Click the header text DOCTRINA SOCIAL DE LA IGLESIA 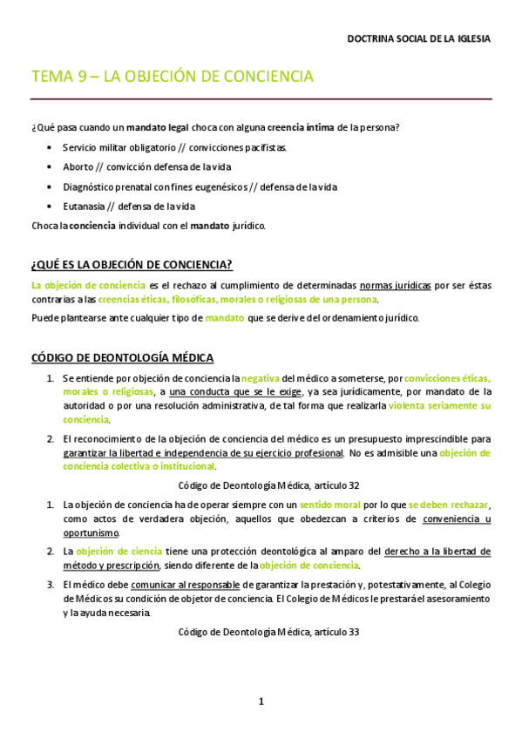(418, 39)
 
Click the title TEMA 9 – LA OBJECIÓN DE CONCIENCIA (172, 77)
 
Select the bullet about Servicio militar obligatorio (174, 147)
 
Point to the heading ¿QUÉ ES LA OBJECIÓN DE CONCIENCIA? (132, 265)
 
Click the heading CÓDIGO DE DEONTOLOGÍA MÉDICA (122, 357)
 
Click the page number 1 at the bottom (261, 701)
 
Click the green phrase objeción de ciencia (117, 552)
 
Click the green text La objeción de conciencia (88, 285)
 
